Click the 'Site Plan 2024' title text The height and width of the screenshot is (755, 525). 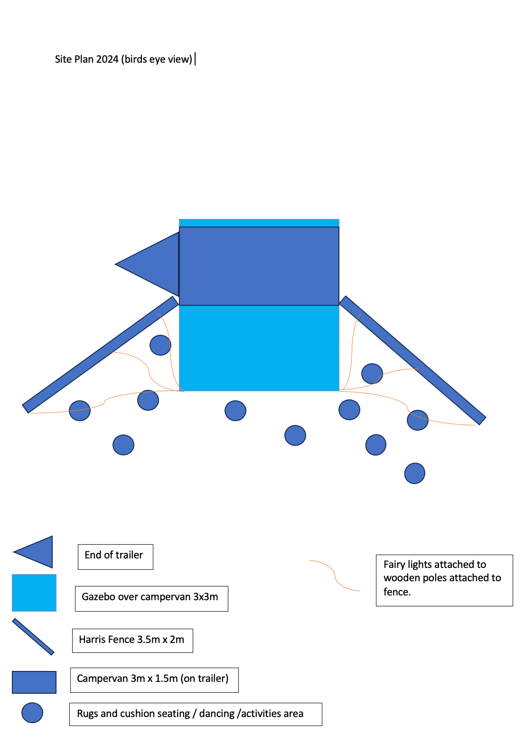pyautogui.click(x=123, y=59)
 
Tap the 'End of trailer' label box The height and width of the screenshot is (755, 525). pyautogui.click(x=115, y=557)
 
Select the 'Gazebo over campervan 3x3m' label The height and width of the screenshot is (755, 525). pyautogui.click(x=151, y=598)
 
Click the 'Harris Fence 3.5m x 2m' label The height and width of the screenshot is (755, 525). pyautogui.click(x=132, y=640)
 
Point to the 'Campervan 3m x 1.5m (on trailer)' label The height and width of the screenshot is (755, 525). pyautogui.click(x=154, y=679)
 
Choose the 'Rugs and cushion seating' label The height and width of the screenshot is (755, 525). pyautogui.click(x=195, y=714)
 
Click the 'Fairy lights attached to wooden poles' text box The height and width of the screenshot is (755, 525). pyautogui.click(x=444, y=580)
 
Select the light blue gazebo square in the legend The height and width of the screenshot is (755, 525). pyautogui.click(x=34, y=593)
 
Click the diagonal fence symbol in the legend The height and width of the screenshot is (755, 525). pyautogui.click(x=33, y=637)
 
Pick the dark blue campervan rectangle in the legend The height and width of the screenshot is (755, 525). pyautogui.click(x=34, y=682)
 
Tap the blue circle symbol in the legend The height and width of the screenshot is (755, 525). pyautogui.click(x=32, y=713)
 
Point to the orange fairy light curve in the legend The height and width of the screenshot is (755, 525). pyautogui.click(x=335, y=576)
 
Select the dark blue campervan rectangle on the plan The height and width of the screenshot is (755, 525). pyautogui.click(x=259, y=266)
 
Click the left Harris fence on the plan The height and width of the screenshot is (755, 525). pyautogui.click(x=100, y=355)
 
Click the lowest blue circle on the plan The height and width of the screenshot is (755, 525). pyautogui.click(x=414, y=473)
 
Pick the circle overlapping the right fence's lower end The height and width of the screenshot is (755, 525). pyautogui.click(x=418, y=420)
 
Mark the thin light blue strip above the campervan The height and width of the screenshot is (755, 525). pyautogui.click(x=259, y=223)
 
